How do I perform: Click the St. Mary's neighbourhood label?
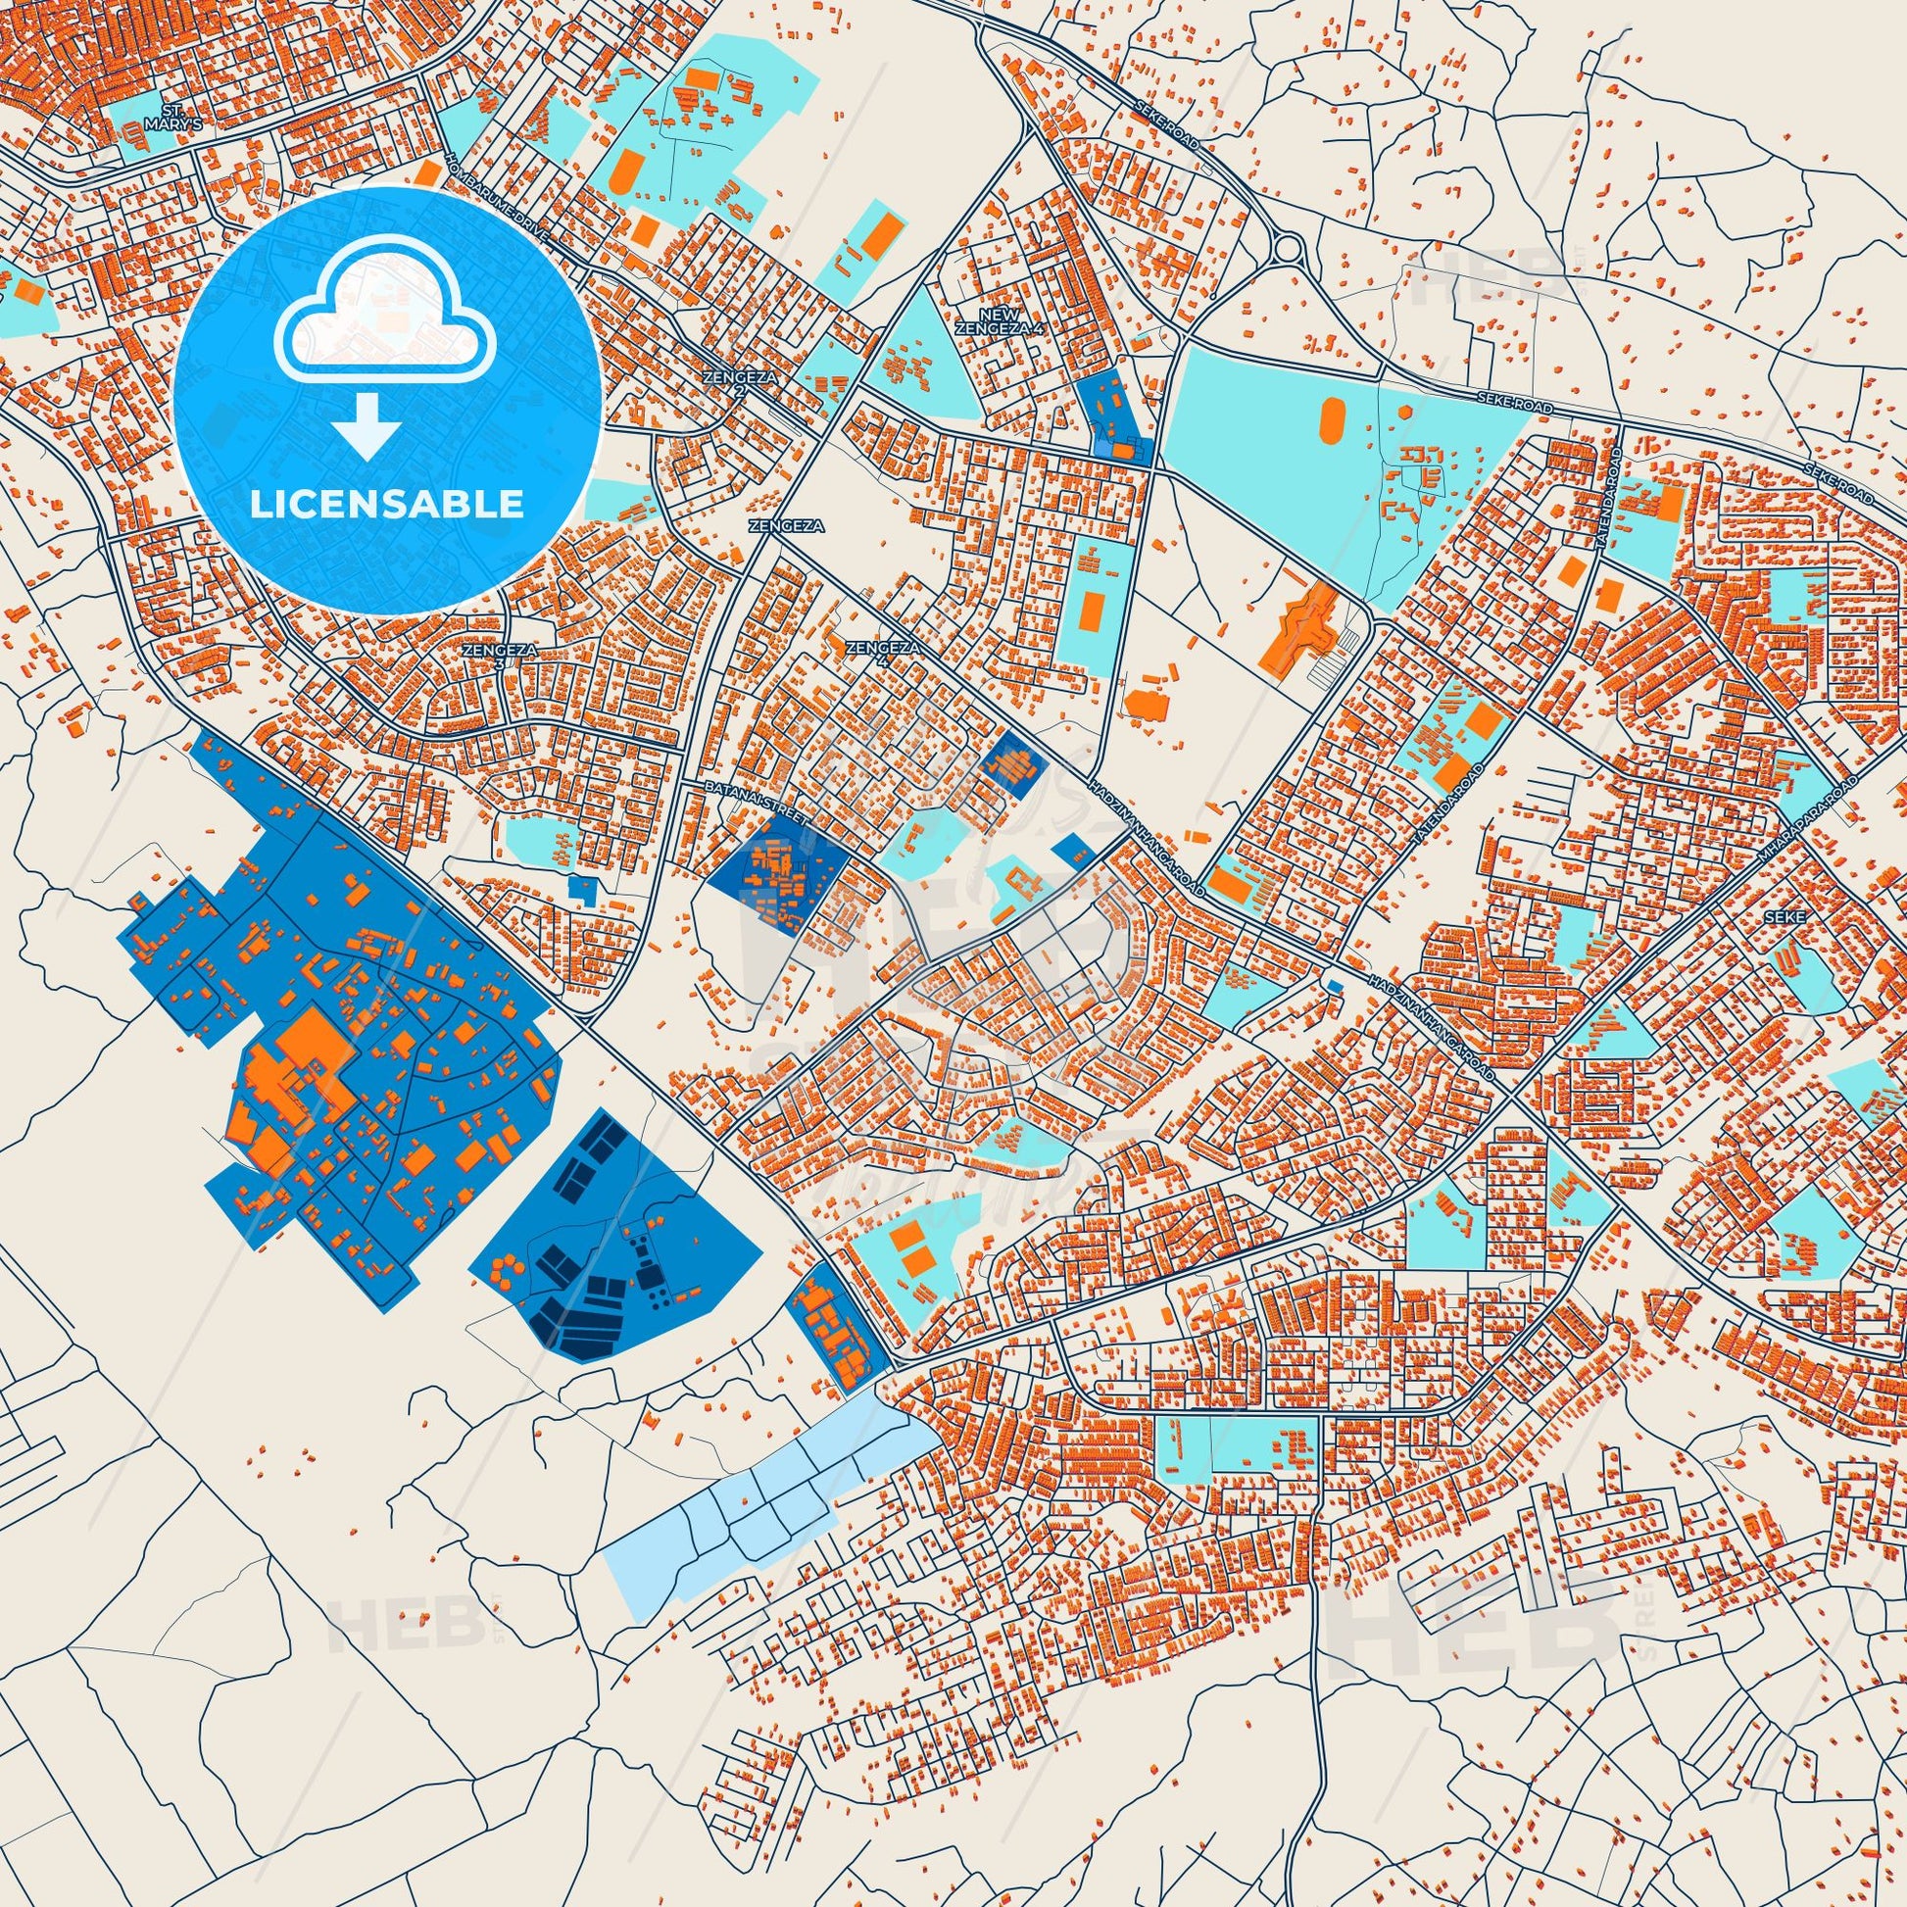pyautogui.click(x=159, y=118)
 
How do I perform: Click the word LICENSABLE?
pyautogui.click(x=386, y=505)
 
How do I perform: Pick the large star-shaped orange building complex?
pyautogui.click(x=1313, y=623)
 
